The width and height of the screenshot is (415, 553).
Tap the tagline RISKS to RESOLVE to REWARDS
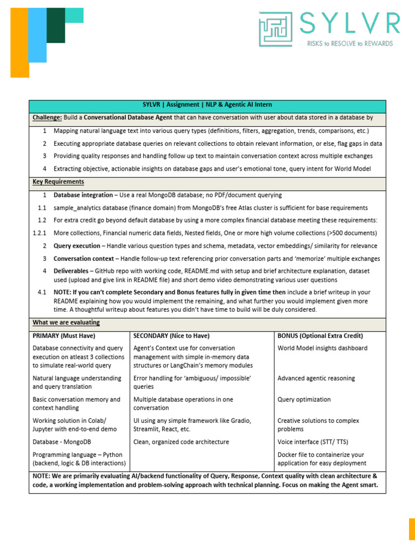350,43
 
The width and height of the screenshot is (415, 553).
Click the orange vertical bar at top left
20,43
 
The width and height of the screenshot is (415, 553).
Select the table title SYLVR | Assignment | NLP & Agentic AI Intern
207,105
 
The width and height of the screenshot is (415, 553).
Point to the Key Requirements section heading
58,182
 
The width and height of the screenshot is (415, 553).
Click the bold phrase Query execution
76,246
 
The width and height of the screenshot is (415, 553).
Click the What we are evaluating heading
66,322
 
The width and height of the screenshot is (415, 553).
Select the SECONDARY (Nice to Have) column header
171,335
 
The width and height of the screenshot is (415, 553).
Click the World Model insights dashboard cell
322,348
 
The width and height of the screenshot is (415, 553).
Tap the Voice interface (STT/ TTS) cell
312,442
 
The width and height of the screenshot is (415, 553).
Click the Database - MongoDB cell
62,442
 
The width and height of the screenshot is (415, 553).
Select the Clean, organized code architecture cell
181,442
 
